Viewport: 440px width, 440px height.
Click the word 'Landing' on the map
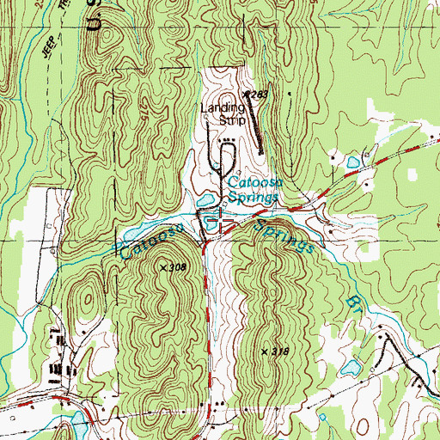[223, 108]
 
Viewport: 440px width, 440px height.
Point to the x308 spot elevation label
[172, 268]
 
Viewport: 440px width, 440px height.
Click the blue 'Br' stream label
[353, 304]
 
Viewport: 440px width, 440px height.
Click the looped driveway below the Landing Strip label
[227, 155]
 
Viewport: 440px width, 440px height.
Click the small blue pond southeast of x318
[350, 370]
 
